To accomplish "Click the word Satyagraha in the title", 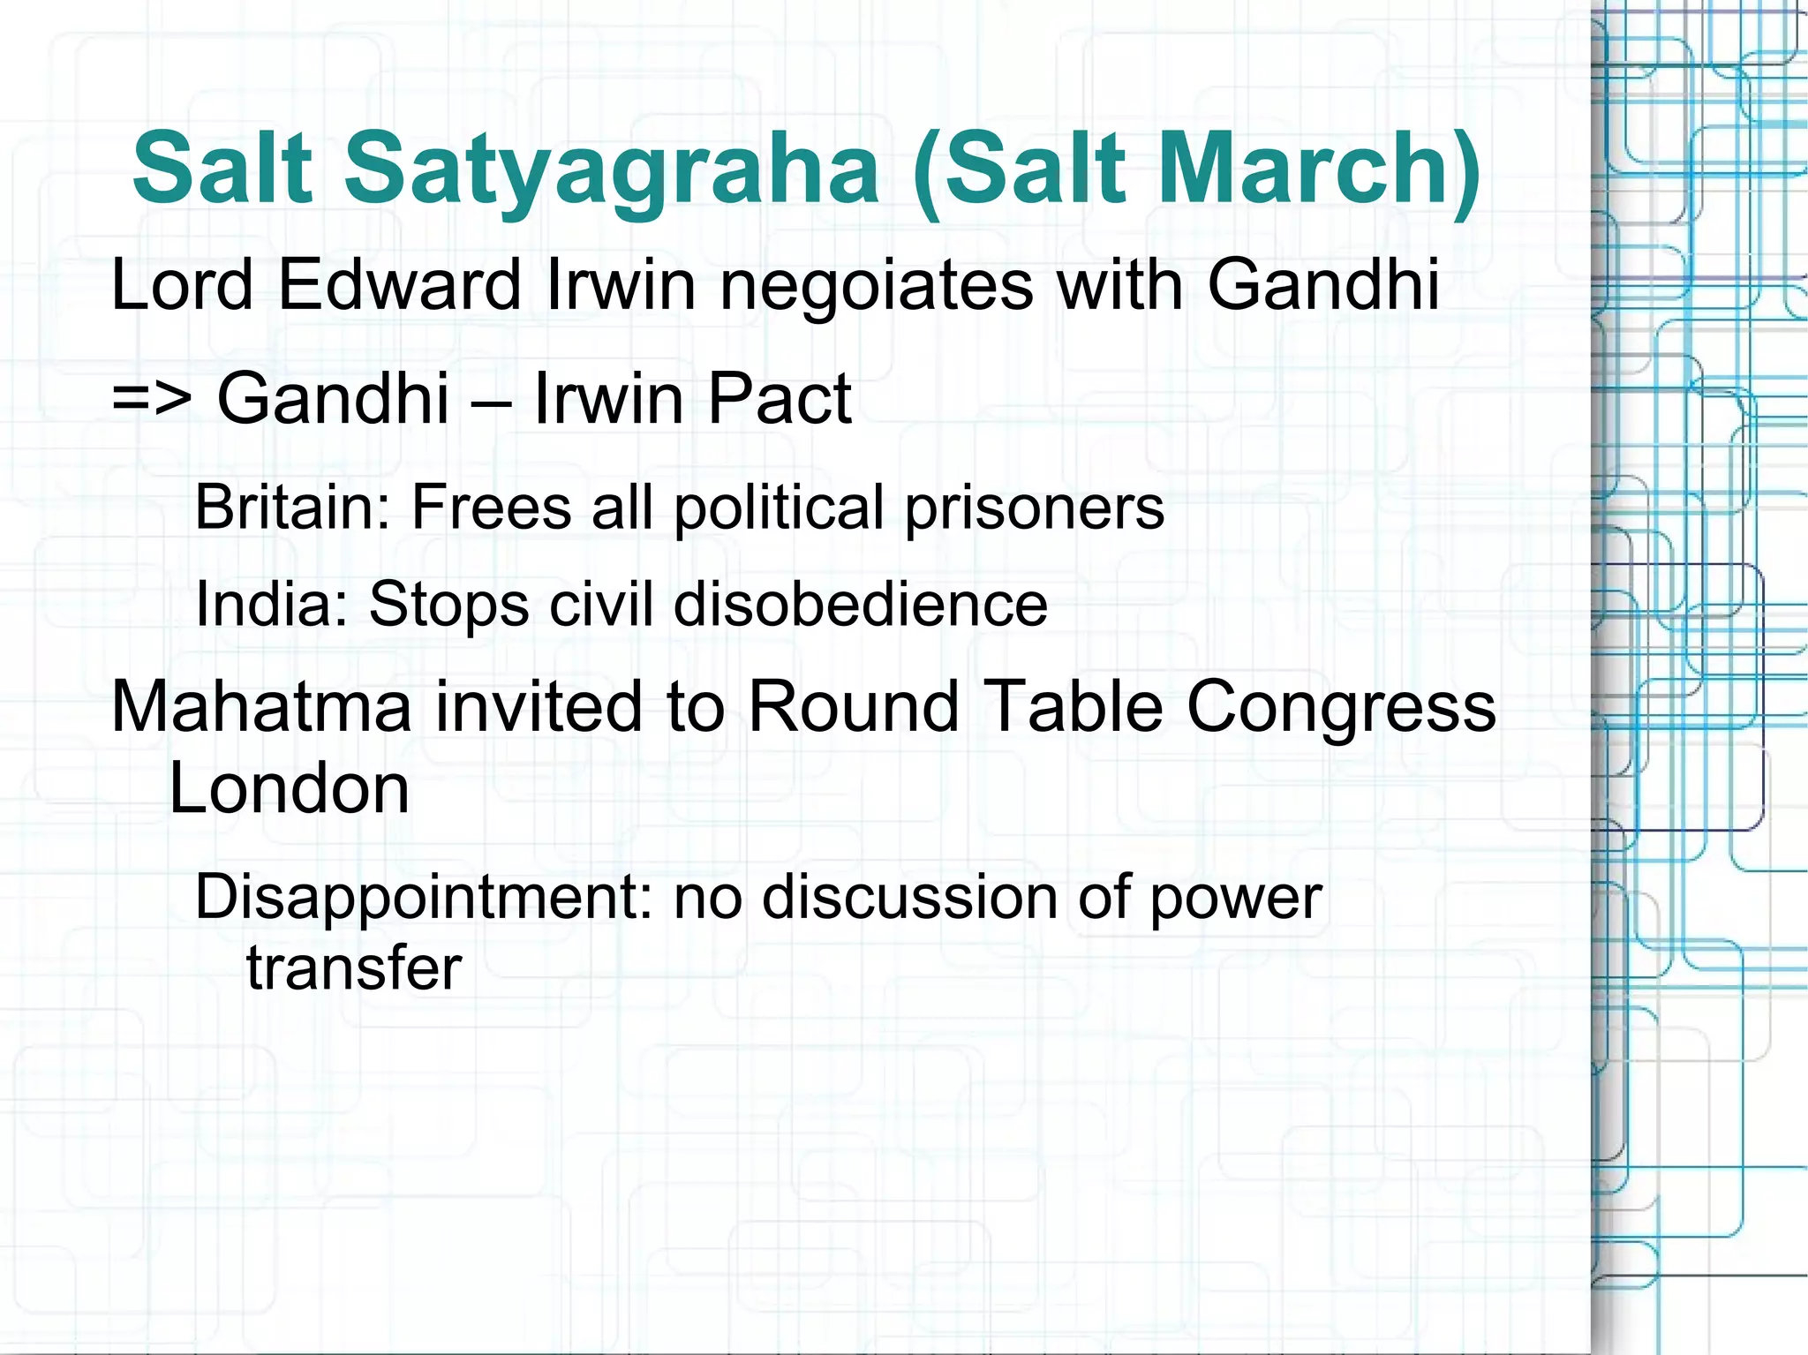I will pyautogui.click(x=611, y=169).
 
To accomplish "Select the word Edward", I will pyautogui.click(x=399, y=285).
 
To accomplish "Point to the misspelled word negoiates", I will pyautogui.click(x=877, y=287).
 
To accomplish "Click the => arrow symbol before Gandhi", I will pyautogui.click(x=151, y=399).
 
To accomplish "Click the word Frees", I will pyautogui.click(x=492, y=508).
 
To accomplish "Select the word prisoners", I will pyautogui.click(x=1034, y=509).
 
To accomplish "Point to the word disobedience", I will pyautogui.click(x=861, y=605).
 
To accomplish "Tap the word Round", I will pyautogui.click(x=854, y=707).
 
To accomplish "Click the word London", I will pyautogui.click(x=289, y=788).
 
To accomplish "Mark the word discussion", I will pyautogui.click(x=909, y=898).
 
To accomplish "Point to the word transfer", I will pyautogui.click(x=354, y=968).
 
